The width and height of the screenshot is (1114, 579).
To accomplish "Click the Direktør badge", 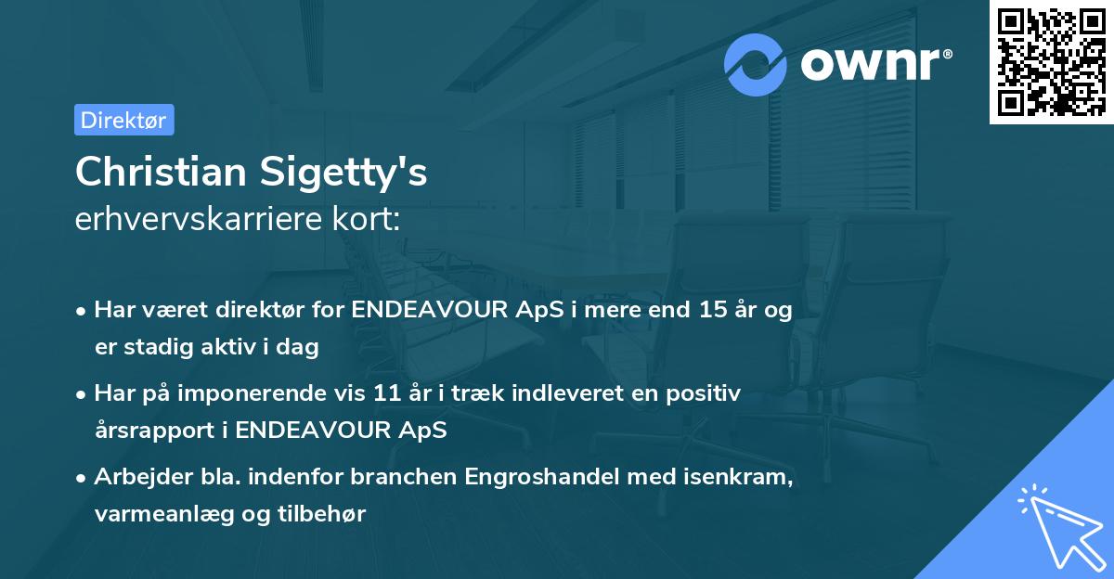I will click(123, 120).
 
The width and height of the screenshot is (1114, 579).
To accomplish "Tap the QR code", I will click(1051, 61).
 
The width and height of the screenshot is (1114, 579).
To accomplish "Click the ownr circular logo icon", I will click(757, 64).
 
